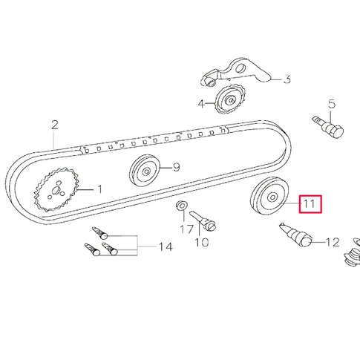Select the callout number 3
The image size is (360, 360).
pos(287,80)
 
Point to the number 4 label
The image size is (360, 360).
pos(201,104)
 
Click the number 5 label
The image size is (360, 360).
pos(332,105)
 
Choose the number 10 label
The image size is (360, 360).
pos(201,242)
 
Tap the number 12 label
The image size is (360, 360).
pos(332,241)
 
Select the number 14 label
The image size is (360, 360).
pos(166,246)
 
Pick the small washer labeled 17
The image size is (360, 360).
pos(181,205)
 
